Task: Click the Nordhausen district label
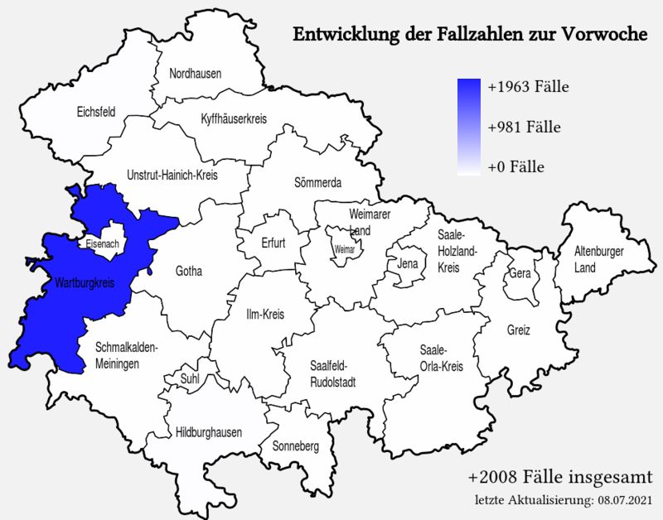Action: [196, 74]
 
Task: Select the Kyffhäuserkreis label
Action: [235, 119]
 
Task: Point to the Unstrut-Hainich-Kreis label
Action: [172, 175]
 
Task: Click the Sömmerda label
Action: [318, 182]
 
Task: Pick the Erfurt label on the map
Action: [273, 244]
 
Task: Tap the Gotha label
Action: [189, 272]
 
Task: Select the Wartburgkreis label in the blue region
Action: [84, 283]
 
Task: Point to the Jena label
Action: [408, 264]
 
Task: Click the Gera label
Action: [520, 273]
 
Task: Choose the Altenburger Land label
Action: [600, 259]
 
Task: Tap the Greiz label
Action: [519, 330]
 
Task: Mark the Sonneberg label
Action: [296, 446]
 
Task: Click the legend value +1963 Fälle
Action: [528, 87]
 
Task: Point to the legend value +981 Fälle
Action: [525, 128]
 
